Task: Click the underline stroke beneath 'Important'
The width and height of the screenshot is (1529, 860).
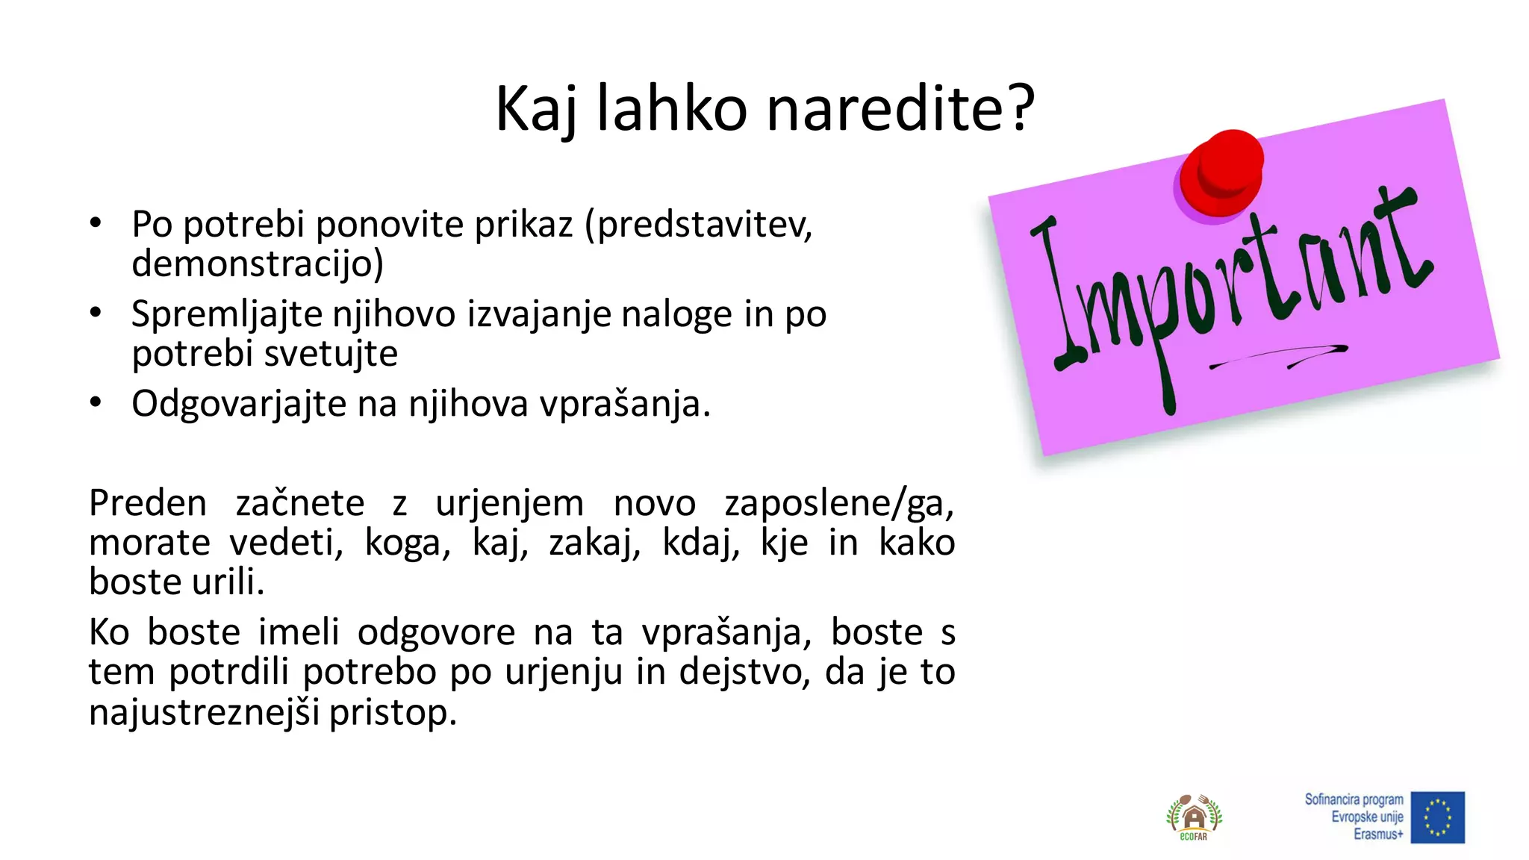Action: tap(1278, 356)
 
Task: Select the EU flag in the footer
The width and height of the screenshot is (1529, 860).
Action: tap(1437, 817)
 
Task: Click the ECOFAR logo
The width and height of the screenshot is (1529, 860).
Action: tap(1194, 817)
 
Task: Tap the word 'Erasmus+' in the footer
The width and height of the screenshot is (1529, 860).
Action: tap(1378, 835)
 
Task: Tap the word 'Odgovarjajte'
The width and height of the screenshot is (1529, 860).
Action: tap(239, 405)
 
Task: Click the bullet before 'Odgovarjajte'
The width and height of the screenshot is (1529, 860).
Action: tap(95, 403)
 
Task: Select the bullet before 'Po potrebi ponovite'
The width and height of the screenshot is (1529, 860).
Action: tap(95, 222)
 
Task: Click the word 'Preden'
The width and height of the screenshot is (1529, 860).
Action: tap(148, 502)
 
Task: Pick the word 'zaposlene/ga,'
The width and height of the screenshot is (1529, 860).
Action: tap(839, 504)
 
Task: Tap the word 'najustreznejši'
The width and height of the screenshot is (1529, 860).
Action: tap(204, 712)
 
